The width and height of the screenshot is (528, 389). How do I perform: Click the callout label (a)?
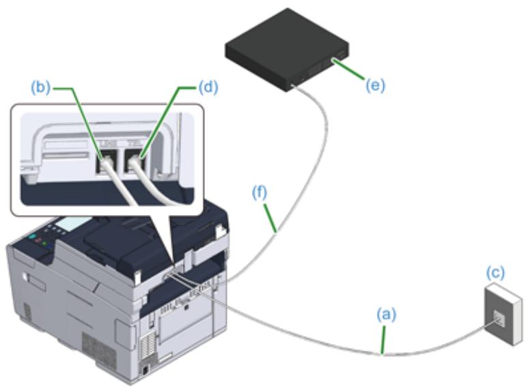(386, 316)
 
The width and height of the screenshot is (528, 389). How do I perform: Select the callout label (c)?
(495, 273)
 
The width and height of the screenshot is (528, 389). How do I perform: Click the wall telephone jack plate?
(500, 309)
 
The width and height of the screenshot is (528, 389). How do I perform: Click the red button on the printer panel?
(38, 243)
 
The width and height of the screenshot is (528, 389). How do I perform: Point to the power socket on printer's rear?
(145, 369)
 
